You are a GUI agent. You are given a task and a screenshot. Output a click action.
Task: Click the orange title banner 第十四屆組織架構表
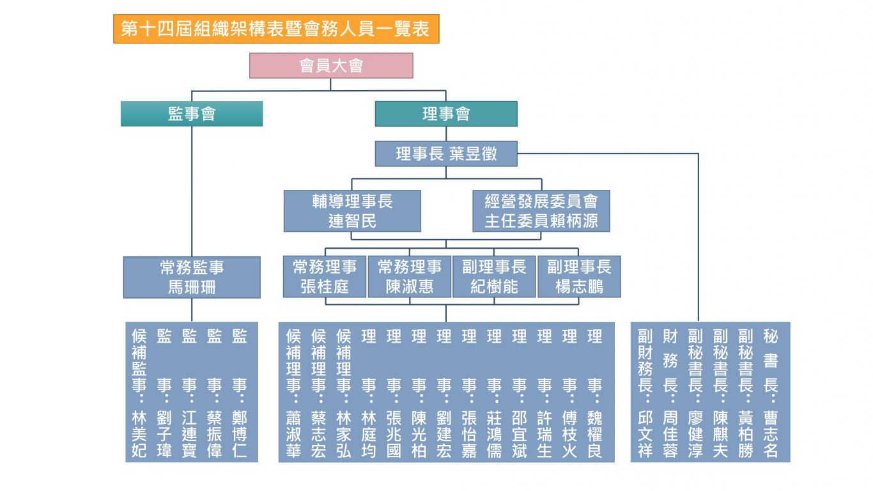pos(276,29)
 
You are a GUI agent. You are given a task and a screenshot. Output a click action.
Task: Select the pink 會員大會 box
pos(331,65)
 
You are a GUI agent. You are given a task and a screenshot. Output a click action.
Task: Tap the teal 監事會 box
pos(191,114)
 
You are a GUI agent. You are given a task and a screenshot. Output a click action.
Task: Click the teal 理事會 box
pos(446,114)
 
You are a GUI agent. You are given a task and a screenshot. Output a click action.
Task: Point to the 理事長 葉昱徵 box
pos(446,153)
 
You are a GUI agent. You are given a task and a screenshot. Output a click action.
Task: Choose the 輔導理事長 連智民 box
pos(352,211)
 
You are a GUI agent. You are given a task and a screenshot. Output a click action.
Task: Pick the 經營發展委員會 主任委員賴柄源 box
pos(541,211)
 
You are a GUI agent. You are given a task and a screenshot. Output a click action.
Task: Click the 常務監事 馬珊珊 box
pos(192,277)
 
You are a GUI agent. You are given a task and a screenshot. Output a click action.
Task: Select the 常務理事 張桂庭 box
pos(325,276)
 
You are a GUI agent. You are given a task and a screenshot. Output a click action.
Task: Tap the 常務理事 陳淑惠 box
pos(410,276)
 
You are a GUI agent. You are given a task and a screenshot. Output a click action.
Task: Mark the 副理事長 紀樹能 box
pos(494,276)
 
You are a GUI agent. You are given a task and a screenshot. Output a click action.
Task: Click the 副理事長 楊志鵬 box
pos(579,276)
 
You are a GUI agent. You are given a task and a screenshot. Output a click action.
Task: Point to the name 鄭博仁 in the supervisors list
pos(239,434)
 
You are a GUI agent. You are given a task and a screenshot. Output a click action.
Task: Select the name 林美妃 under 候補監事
pos(139,434)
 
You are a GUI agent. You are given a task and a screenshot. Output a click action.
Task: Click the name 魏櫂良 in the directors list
pos(595,434)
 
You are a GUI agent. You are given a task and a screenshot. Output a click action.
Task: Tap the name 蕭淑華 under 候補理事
pos(293,434)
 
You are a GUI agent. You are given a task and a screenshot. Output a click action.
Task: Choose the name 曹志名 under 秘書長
pos(771,434)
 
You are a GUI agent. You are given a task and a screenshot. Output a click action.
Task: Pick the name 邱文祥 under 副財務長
pos(645,434)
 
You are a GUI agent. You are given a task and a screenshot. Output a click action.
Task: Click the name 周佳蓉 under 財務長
pos(670,434)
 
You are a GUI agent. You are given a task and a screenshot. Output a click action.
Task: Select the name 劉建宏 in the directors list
pos(444,434)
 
